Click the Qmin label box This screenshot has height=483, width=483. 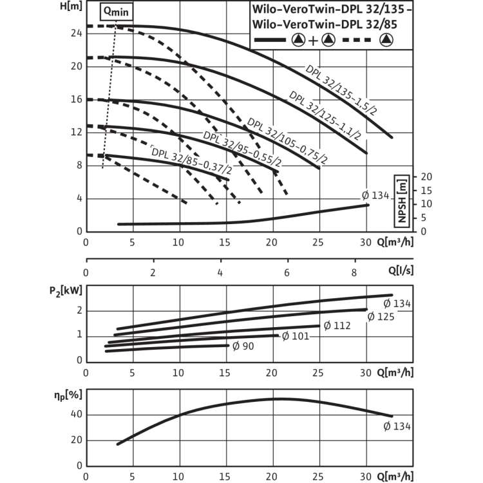pyautogui.click(x=117, y=12)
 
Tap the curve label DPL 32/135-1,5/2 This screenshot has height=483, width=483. pyautogui.click(x=341, y=90)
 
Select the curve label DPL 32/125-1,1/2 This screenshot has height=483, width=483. pyautogui.click(x=325, y=116)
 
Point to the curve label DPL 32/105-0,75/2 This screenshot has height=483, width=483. pyautogui.click(x=287, y=141)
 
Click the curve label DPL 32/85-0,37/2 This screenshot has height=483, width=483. pyautogui.click(x=191, y=160)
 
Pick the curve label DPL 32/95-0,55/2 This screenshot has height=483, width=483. pyautogui.click(x=242, y=149)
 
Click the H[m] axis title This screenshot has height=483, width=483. pyautogui.click(x=71, y=6)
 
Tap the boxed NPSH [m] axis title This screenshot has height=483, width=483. pyautogui.click(x=402, y=201)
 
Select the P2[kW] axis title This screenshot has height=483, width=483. pyautogui.click(x=66, y=291)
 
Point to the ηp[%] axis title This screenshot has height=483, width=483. pyautogui.click(x=68, y=395)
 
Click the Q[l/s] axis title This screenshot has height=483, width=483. pyautogui.click(x=401, y=270)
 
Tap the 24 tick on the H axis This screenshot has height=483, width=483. pyautogui.click(x=77, y=33)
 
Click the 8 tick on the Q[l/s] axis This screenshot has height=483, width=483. pyautogui.click(x=354, y=272)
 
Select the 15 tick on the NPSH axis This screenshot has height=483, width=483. pyautogui.click(x=426, y=191)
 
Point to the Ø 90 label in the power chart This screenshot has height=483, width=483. pyautogui.click(x=243, y=346)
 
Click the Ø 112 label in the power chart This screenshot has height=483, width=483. pyautogui.click(x=337, y=326)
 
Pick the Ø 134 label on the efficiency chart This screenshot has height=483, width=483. pyautogui.click(x=397, y=426)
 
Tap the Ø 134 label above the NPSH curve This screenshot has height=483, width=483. pyautogui.click(x=375, y=195)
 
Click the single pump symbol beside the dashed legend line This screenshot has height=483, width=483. pyautogui.click(x=386, y=40)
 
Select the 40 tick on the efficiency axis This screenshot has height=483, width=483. pyautogui.click(x=77, y=414)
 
